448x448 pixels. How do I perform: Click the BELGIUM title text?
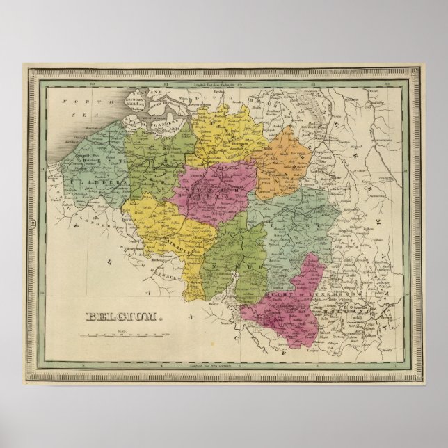[x=124, y=317]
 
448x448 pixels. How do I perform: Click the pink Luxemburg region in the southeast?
[x=292, y=306]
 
